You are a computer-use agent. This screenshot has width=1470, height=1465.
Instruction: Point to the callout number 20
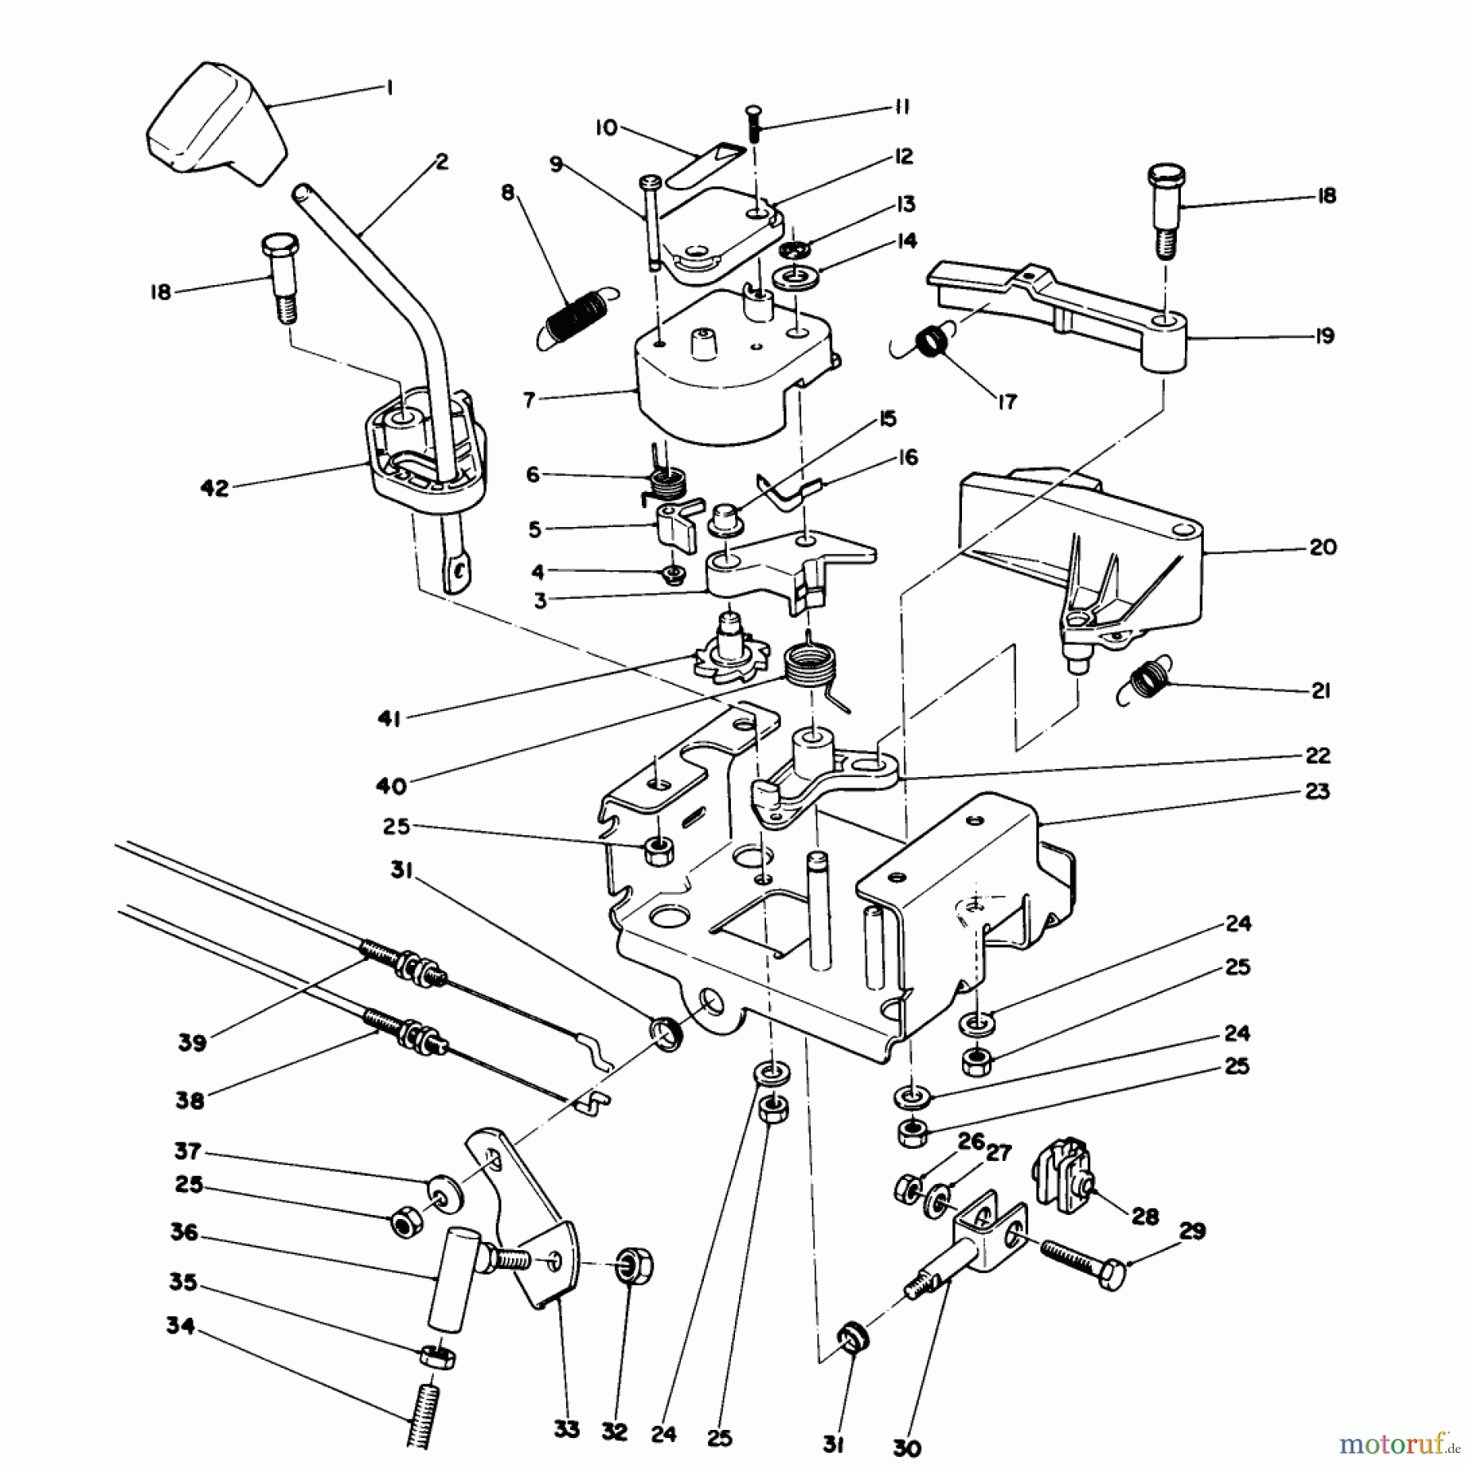(x=1322, y=547)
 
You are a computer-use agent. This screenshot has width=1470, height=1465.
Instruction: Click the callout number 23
(x=1317, y=790)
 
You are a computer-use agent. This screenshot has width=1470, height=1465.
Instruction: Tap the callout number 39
(x=193, y=1043)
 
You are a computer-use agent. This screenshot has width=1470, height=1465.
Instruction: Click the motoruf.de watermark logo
(x=1399, y=1443)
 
